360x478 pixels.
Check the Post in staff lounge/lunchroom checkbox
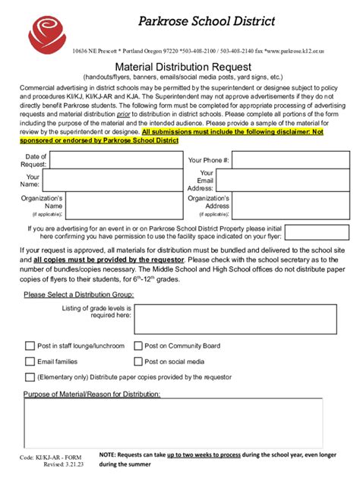[30, 346]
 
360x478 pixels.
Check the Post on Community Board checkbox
[138, 346]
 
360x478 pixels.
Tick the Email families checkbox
[30, 362]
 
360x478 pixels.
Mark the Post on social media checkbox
[138, 362]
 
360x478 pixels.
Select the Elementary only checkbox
[30, 377]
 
